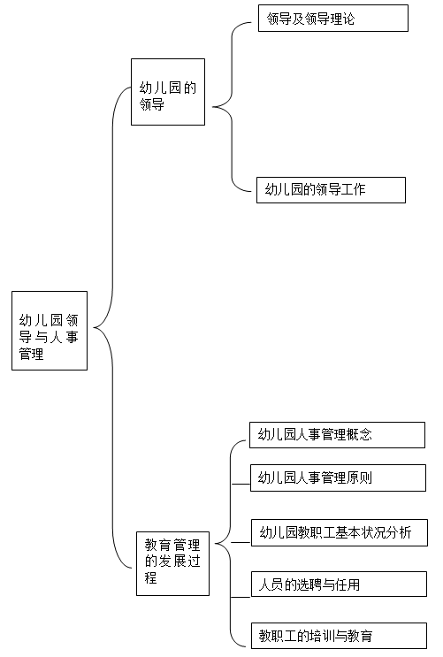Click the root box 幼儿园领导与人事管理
pos(50,331)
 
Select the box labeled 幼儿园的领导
pos(168,92)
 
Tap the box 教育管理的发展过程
pos(172,563)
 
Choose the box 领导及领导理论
pos(333,18)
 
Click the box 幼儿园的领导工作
pos(331,190)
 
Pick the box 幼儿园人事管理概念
pos(338,435)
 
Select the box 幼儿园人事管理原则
pos(339,477)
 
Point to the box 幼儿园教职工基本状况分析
pos(340,533)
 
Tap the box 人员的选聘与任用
pos(339,584)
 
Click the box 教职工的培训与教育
pos(339,636)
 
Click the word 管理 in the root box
pos(32,354)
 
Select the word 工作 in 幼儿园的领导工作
pos(353,189)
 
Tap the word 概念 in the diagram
pos(359,434)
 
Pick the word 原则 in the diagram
pos(359,477)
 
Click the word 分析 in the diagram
pos(399,532)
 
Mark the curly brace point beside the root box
pos(94,328)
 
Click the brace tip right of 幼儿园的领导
pos(213,107)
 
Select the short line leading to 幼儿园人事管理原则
pos(241,484)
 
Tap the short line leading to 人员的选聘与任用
pos(241,597)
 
